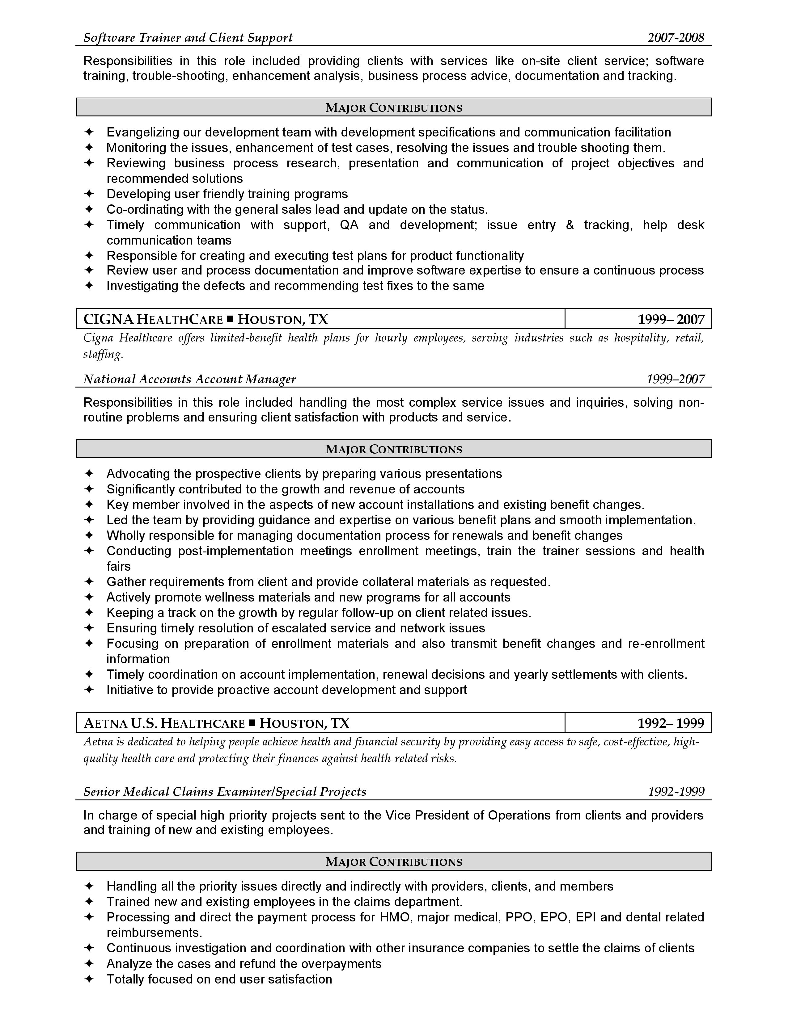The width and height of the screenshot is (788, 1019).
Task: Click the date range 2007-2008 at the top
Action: click(676, 38)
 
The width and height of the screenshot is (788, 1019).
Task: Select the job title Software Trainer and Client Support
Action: click(188, 38)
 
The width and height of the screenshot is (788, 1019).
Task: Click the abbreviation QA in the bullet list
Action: click(349, 225)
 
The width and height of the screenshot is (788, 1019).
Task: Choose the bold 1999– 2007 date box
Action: click(671, 320)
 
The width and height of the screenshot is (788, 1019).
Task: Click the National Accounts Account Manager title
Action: click(189, 379)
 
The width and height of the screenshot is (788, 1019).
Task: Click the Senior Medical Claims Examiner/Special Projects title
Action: click(225, 792)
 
